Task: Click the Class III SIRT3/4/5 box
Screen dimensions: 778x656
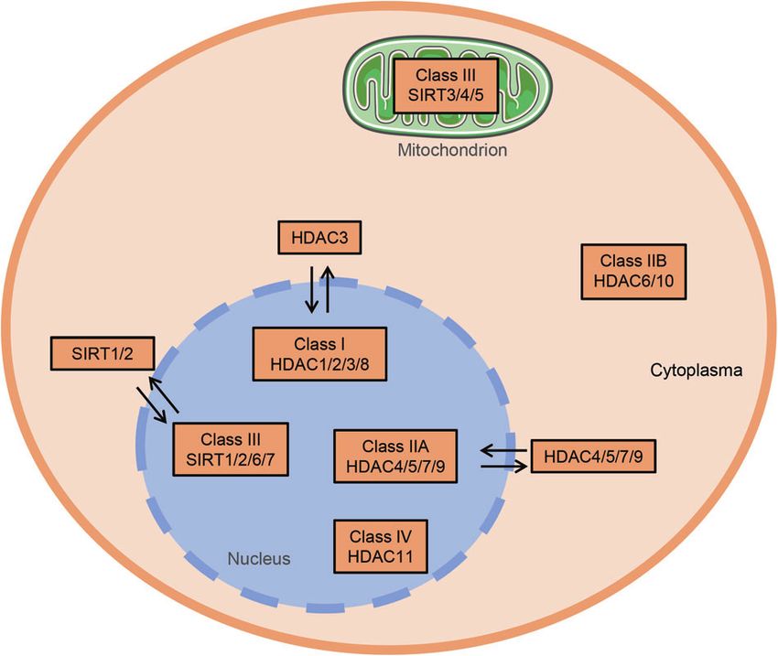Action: pyautogui.click(x=446, y=85)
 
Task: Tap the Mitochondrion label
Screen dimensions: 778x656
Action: pyautogui.click(x=452, y=150)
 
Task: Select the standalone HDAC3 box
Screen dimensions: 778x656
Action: pyautogui.click(x=319, y=238)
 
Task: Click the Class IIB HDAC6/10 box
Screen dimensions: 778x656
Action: pyautogui.click(x=633, y=271)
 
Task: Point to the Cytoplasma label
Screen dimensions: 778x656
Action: pyautogui.click(x=697, y=371)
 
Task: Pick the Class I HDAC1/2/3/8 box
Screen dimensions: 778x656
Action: pyautogui.click(x=319, y=354)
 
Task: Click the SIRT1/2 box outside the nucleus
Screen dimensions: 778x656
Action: pyautogui.click(x=103, y=353)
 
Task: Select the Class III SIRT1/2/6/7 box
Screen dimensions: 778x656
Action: pyautogui.click(x=231, y=449)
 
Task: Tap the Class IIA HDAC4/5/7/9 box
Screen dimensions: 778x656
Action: pyautogui.click(x=395, y=457)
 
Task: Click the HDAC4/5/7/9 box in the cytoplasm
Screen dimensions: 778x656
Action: pyautogui.click(x=593, y=457)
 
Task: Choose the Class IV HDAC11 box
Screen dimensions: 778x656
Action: pyautogui.click(x=381, y=546)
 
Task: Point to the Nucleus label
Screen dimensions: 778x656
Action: pyautogui.click(x=258, y=559)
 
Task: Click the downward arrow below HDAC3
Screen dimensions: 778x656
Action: pyautogui.click(x=311, y=289)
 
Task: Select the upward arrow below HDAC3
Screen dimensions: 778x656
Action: pyautogui.click(x=328, y=288)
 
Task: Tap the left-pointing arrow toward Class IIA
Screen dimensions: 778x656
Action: pyautogui.click(x=504, y=451)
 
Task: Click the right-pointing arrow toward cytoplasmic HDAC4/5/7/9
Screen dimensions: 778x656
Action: pyautogui.click(x=503, y=467)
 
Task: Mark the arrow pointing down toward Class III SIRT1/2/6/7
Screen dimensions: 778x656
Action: pyautogui.click(x=152, y=405)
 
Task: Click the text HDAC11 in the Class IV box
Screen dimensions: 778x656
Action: pyautogui.click(x=381, y=556)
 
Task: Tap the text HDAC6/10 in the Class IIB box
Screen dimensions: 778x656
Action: pyautogui.click(x=633, y=281)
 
